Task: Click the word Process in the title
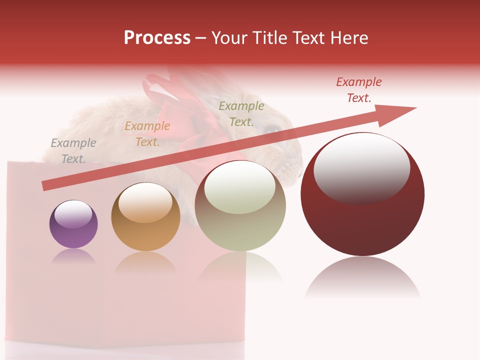tap(157, 38)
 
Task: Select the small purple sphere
tap(73, 230)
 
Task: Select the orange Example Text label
tap(147, 134)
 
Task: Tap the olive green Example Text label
tap(241, 114)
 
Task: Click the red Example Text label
tap(359, 90)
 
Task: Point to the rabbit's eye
tap(272, 129)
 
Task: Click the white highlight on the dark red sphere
tap(361, 168)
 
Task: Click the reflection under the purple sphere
tap(73, 256)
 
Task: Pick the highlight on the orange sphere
tap(145, 202)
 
